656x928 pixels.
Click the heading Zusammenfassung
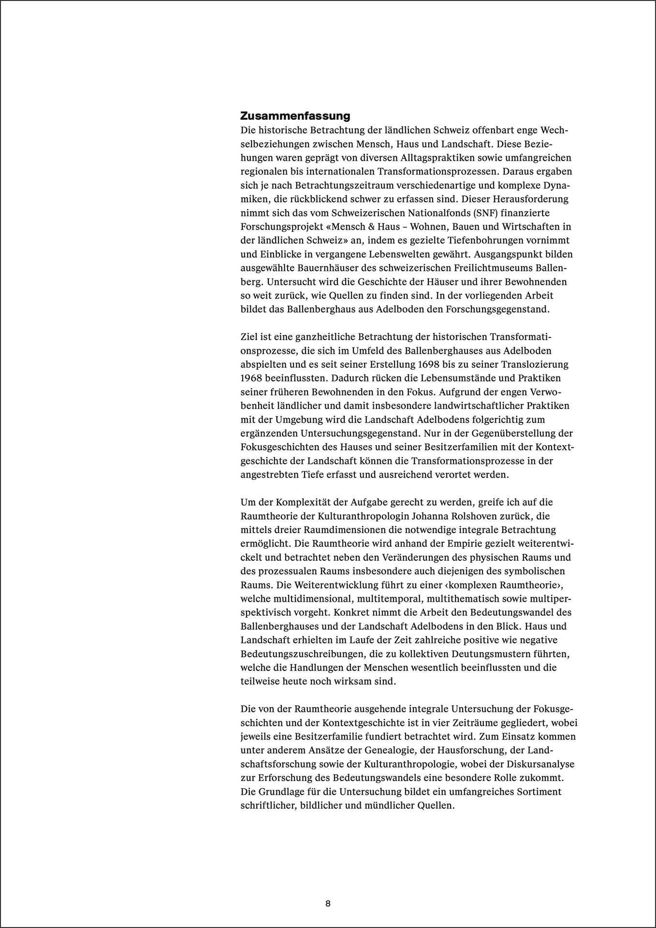(295, 116)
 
